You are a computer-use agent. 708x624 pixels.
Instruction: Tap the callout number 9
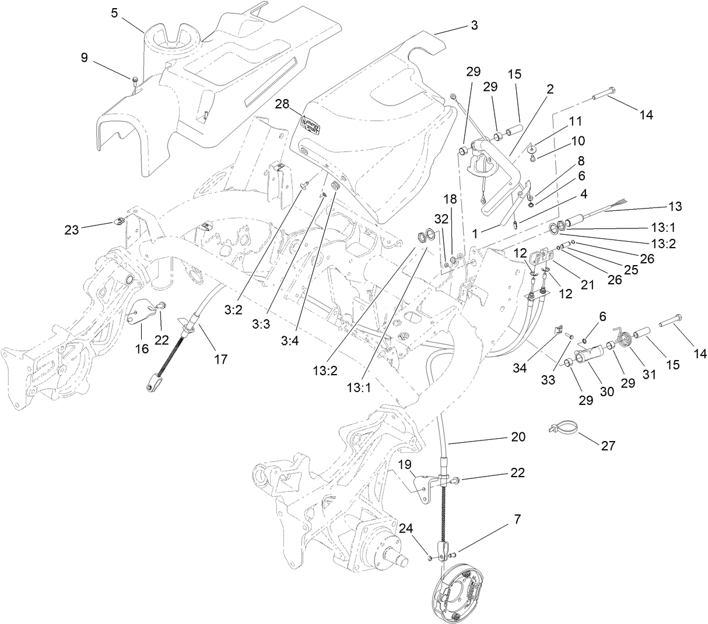click(85, 57)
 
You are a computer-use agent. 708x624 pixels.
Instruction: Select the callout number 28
click(282, 104)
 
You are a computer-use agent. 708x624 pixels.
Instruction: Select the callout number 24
click(406, 528)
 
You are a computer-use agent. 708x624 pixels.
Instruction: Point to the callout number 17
click(220, 359)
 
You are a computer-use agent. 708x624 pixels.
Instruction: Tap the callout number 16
click(142, 348)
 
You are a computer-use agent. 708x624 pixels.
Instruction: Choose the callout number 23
click(72, 230)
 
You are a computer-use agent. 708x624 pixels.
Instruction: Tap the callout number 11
click(576, 121)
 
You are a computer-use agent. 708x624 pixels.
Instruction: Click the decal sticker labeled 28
click(311, 126)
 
